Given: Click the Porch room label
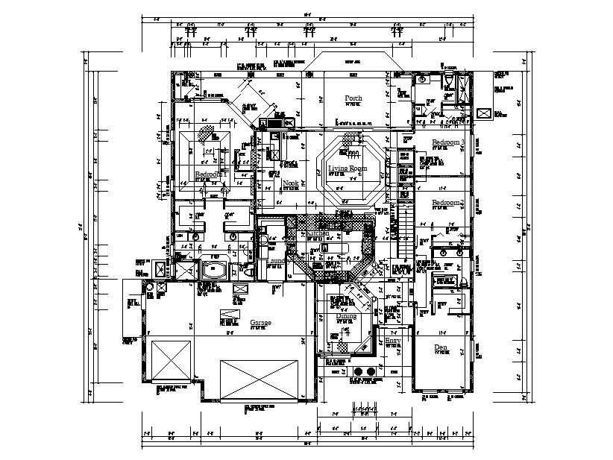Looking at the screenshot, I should [353, 98].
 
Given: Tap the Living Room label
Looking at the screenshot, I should [348, 169].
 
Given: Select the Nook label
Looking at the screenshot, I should [290, 183].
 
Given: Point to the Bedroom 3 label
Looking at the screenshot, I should [448, 142].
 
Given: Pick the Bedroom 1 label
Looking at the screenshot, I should [208, 174].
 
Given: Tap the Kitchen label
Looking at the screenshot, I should [317, 233].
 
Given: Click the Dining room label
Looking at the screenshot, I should [345, 316].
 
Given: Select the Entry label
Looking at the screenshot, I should [392, 341].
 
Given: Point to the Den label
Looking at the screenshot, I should [441, 347].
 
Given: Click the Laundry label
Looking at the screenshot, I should [277, 261].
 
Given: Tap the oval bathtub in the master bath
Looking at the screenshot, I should [216, 270].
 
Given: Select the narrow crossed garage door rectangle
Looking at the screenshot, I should [173, 362].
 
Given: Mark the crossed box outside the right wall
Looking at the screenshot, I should [484, 113].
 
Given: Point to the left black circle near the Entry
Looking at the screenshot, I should [357, 371].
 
